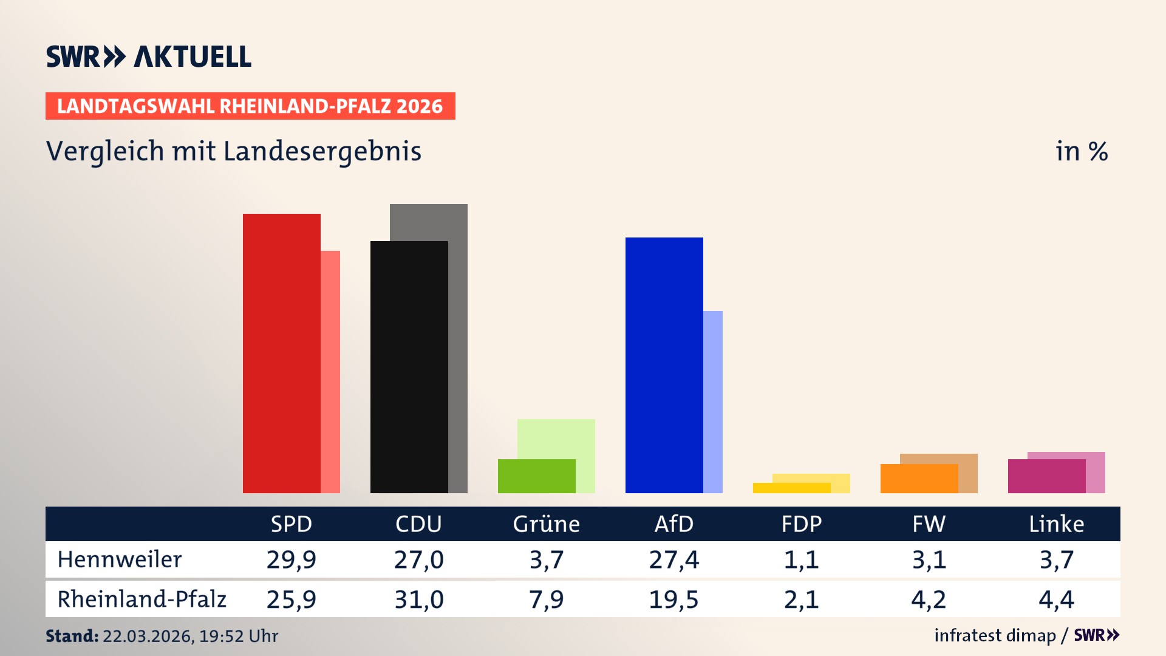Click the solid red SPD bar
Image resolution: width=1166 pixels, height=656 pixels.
click(x=281, y=352)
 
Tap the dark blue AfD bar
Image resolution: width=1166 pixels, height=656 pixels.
click(x=664, y=364)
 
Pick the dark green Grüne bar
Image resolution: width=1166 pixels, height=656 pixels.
click(x=536, y=476)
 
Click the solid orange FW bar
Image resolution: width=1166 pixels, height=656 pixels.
click(x=919, y=479)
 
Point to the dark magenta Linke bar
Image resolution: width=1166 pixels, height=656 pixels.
click(x=1046, y=476)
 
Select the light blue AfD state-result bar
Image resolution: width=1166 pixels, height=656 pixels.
click(x=713, y=401)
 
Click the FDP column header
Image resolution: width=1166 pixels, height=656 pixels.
click(x=801, y=524)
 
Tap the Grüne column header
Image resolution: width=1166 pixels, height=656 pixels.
click(x=546, y=524)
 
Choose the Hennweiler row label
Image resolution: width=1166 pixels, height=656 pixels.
click(x=120, y=559)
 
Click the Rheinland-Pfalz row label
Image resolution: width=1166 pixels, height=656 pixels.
click(x=141, y=599)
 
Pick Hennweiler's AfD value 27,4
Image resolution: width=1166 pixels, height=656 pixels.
click(x=673, y=559)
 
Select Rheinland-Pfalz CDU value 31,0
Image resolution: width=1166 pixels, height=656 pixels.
click(x=418, y=600)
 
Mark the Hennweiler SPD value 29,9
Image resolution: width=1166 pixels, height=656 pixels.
click(x=291, y=559)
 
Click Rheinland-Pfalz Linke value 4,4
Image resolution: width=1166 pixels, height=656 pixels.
click(x=1056, y=600)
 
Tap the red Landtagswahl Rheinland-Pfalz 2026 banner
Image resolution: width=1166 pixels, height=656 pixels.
click(x=250, y=106)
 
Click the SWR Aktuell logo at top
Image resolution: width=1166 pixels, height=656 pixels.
click(x=149, y=56)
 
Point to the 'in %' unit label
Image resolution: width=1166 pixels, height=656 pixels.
click(x=1081, y=151)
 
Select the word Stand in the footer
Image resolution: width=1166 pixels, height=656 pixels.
click(x=72, y=636)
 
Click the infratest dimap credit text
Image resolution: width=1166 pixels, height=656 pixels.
click(x=995, y=635)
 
